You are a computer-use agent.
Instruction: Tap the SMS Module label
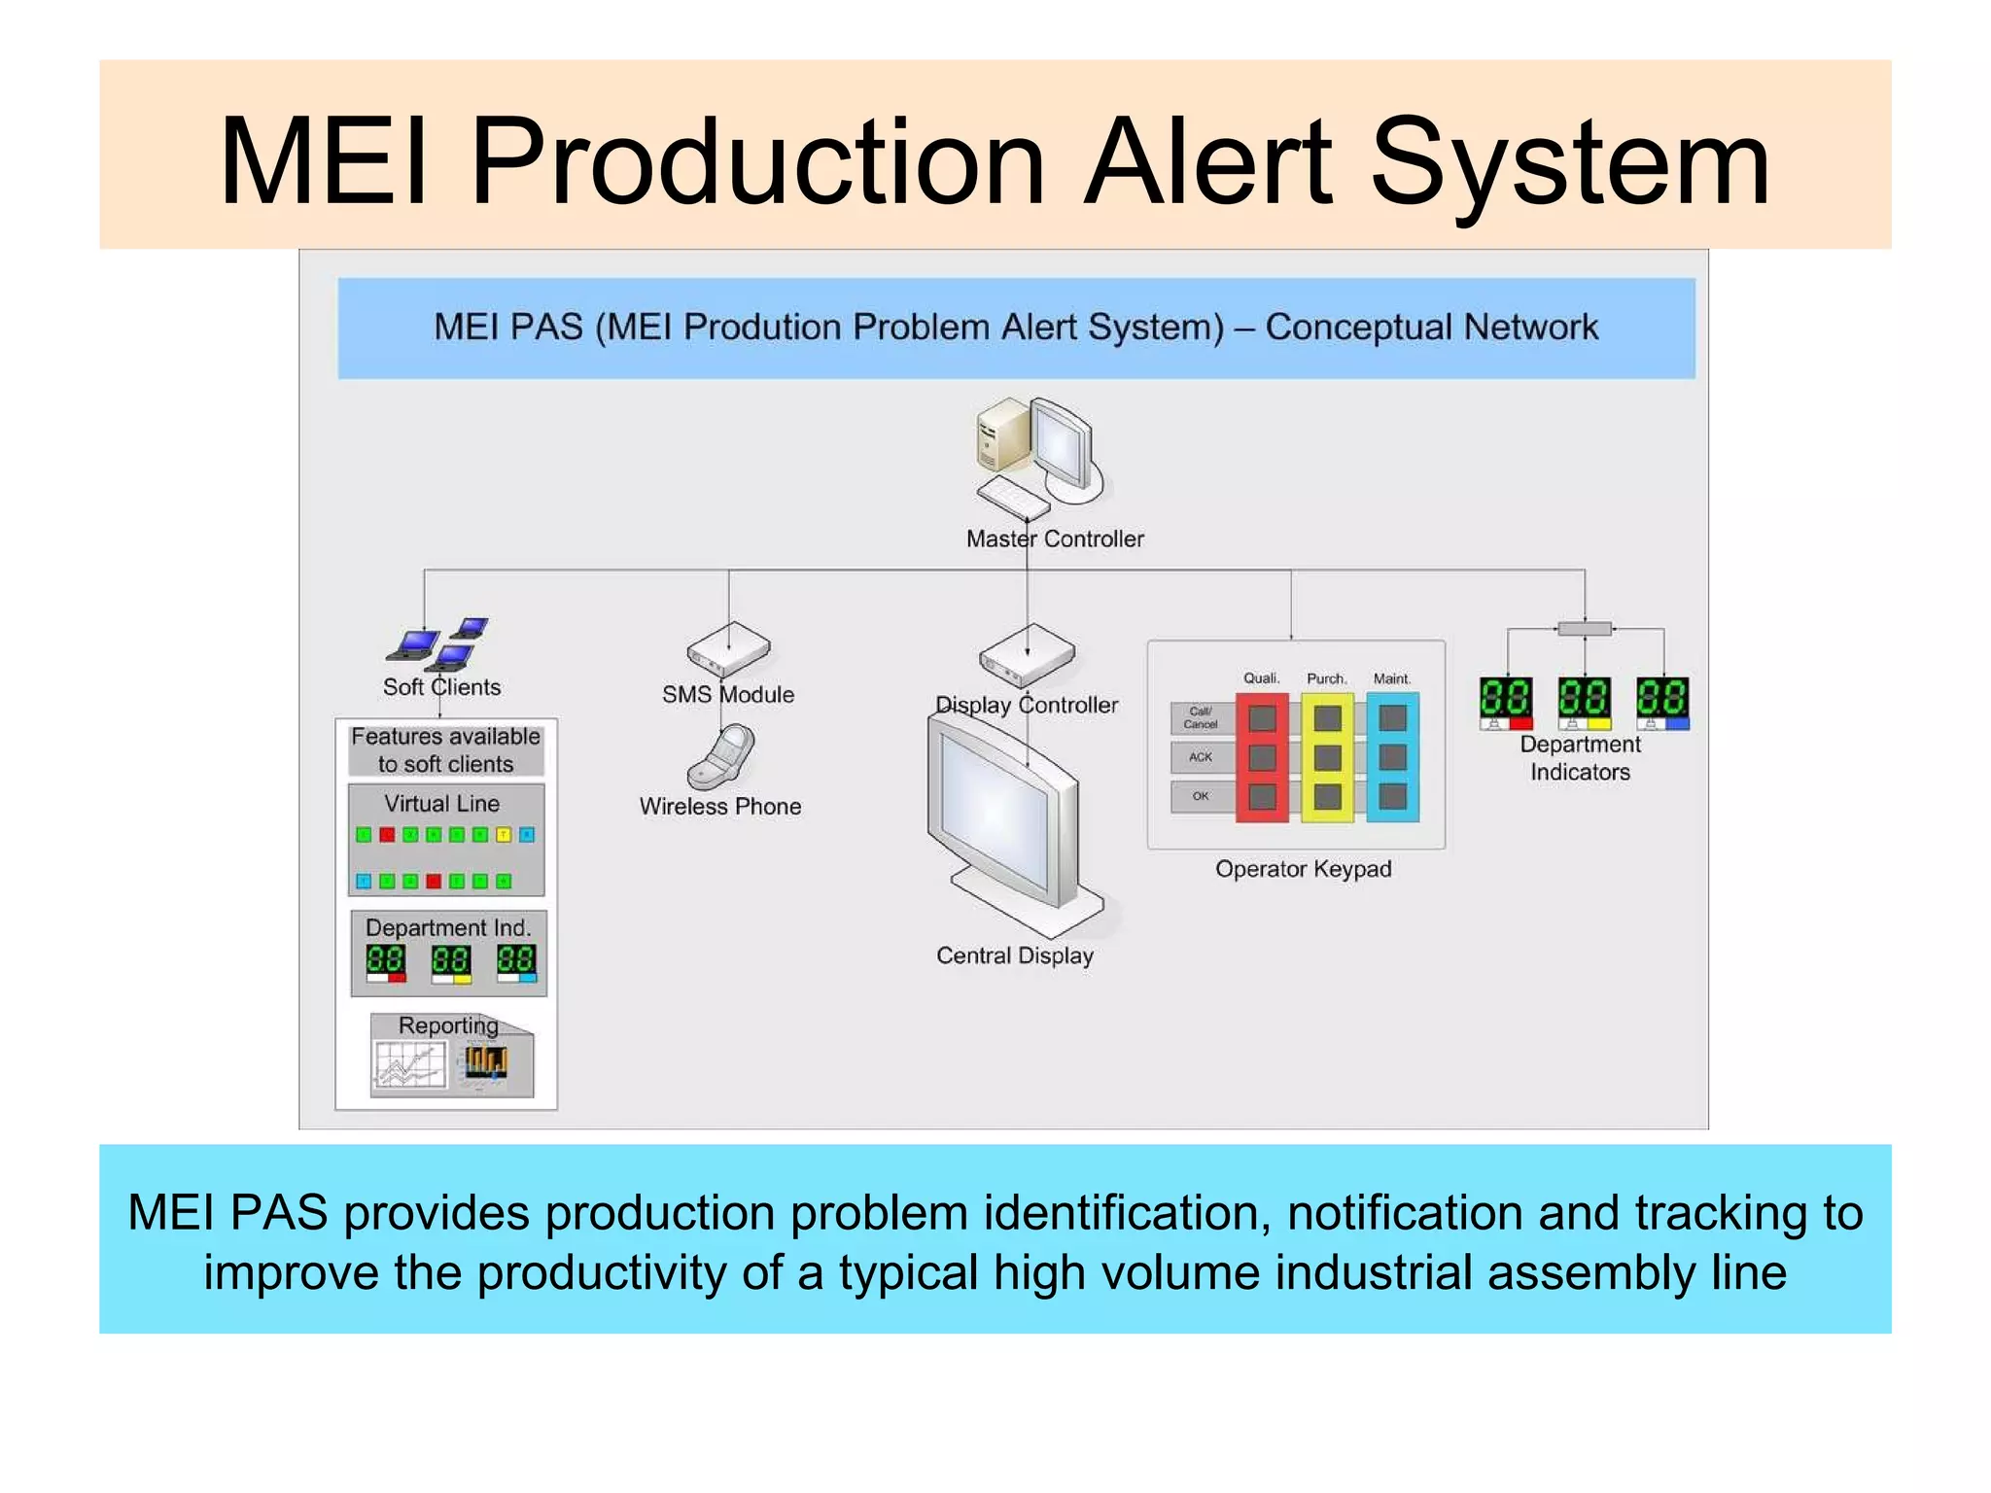pos(728,694)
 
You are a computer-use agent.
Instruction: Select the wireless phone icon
pos(721,756)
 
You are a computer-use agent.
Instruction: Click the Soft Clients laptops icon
pos(439,642)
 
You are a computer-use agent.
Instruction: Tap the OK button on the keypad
pos(1202,797)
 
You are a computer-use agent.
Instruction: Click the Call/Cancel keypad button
pos(1202,718)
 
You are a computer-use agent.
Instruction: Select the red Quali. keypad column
pos(1262,757)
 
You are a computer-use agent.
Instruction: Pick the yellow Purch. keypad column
pos(1327,757)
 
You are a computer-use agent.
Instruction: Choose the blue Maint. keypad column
pos(1392,757)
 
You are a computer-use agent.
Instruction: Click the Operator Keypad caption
pos(1303,869)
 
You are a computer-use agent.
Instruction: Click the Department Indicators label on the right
pos(1580,758)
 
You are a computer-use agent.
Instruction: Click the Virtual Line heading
pos(442,804)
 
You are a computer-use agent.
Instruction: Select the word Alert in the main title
pos(1207,162)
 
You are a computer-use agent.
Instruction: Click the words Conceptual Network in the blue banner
pos(1431,328)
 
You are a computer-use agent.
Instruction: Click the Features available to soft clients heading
pos(445,750)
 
